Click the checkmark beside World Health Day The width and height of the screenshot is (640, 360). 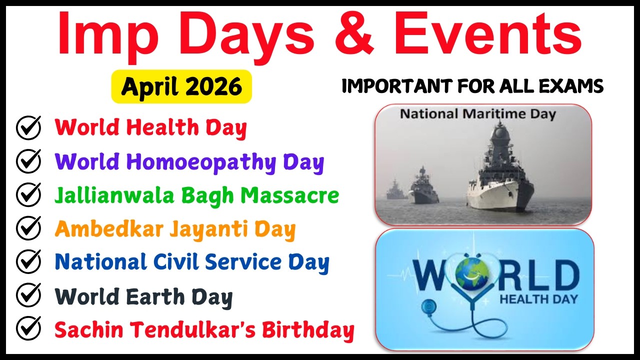click(x=28, y=128)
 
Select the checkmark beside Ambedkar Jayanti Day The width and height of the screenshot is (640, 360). click(x=28, y=228)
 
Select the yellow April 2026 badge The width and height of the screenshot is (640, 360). click(x=181, y=86)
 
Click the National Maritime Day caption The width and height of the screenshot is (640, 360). click(x=477, y=114)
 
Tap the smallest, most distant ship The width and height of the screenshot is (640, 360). click(x=396, y=190)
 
